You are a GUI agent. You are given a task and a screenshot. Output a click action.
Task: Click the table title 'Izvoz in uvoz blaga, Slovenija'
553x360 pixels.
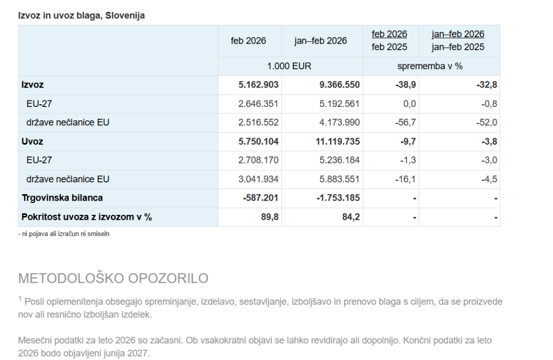pos(82,16)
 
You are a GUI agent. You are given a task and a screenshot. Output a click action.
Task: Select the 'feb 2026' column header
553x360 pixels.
pos(248,41)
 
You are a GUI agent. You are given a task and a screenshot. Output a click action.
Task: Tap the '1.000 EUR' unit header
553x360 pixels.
pos(289,66)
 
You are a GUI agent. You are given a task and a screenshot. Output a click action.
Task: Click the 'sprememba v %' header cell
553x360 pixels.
pos(430,66)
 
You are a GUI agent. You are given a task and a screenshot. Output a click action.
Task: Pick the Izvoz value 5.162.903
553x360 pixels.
pos(258,85)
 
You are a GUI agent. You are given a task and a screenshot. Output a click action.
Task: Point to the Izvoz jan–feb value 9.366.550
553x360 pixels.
pos(339,85)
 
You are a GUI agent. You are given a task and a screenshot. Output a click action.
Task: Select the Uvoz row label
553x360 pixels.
pos(32,141)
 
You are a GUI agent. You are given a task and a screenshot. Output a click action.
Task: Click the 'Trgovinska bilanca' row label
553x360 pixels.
pos(62,198)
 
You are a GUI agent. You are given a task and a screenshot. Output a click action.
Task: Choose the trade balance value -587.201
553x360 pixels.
pos(261,198)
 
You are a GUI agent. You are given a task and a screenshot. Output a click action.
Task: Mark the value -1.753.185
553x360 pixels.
pos(338,198)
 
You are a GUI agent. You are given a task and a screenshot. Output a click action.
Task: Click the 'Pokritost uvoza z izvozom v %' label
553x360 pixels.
pos(86,217)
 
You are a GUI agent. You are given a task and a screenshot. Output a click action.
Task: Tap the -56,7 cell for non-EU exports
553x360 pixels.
pos(406,123)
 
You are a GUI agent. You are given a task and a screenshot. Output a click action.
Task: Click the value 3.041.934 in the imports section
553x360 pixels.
pos(258,179)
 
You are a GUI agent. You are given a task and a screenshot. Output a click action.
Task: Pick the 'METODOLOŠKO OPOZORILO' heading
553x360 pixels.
pos(113,279)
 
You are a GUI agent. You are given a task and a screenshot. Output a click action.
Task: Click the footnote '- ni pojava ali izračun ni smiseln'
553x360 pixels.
pos(64,234)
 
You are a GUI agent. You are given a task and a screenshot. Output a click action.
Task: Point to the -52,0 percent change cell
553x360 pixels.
pos(487,123)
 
